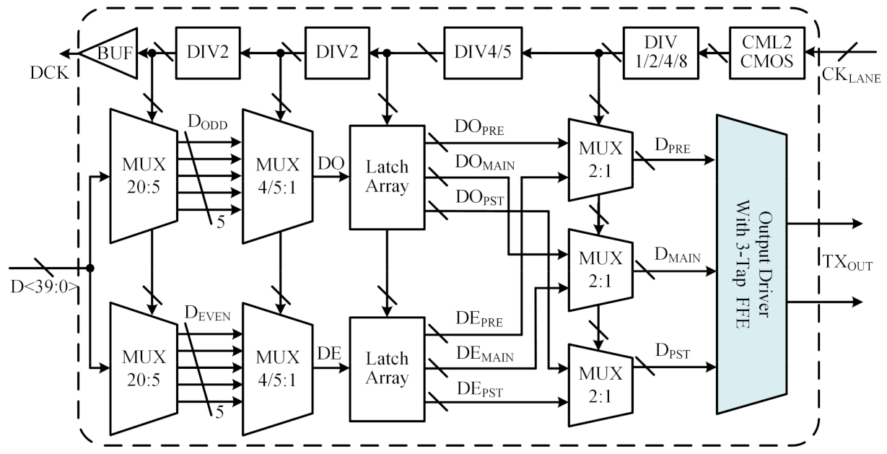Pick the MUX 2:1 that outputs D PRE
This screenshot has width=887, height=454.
(x=600, y=159)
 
